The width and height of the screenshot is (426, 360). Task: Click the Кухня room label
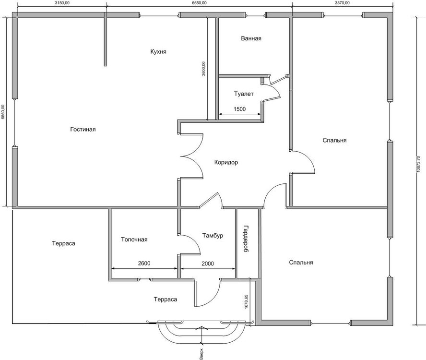(x=158, y=51)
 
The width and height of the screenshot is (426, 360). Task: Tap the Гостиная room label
(x=83, y=130)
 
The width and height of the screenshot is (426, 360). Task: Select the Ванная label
(x=251, y=38)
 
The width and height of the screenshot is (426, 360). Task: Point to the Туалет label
(x=244, y=94)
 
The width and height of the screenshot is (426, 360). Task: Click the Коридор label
(x=225, y=163)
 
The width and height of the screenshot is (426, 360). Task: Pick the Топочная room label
(x=134, y=240)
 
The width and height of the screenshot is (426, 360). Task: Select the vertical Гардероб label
(x=245, y=238)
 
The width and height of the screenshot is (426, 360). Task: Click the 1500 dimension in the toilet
(x=239, y=109)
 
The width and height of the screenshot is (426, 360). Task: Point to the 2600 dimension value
(x=143, y=264)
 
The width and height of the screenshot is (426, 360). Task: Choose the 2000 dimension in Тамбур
(x=208, y=264)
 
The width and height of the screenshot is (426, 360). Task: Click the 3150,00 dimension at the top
(x=62, y=3)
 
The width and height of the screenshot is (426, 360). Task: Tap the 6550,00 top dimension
(x=199, y=3)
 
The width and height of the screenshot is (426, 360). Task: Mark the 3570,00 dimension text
(x=342, y=3)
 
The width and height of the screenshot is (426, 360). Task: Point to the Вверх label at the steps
(x=202, y=354)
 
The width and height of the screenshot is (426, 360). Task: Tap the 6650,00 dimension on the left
(x=3, y=112)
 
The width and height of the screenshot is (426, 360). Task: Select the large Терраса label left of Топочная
(x=63, y=243)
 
